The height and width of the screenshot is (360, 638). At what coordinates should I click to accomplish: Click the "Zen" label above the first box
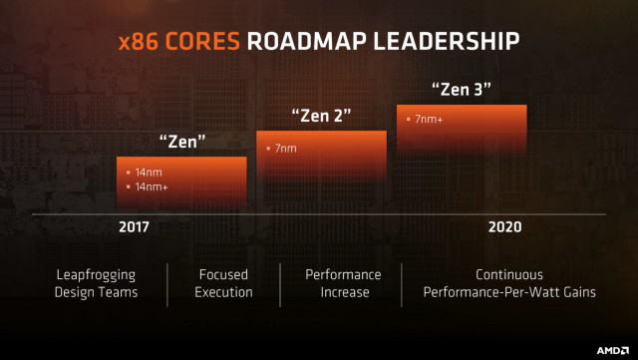[183, 141]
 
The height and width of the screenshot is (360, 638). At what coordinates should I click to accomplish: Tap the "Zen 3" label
[461, 90]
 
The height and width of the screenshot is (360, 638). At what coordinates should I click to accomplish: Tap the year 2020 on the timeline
[504, 226]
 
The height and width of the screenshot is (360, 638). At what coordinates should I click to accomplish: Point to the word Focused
[223, 274]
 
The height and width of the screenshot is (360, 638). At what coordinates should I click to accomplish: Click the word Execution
[223, 292]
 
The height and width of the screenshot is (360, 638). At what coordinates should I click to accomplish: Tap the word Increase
[343, 292]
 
